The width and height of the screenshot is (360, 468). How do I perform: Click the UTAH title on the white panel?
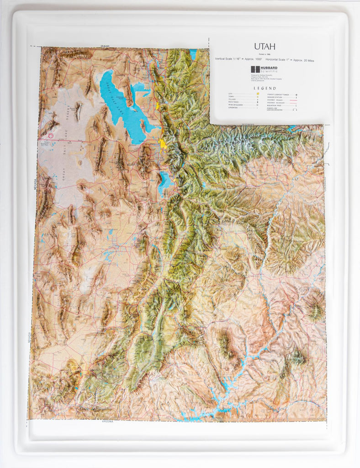[x=265, y=46]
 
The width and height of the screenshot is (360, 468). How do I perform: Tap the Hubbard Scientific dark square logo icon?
[x=255, y=69]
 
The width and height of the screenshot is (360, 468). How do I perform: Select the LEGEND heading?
[x=265, y=88]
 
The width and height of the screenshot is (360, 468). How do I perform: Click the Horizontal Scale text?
[x=291, y=60]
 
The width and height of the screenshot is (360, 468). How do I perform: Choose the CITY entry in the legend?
[x=231, y=94]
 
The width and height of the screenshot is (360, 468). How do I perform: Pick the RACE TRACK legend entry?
[x=233, y=101]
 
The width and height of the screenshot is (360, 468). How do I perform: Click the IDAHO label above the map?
[x=106, y=46]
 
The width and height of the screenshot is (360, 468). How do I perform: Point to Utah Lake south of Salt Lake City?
[x=164, y=180]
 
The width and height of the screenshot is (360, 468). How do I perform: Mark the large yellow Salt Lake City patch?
[x=162, y=144]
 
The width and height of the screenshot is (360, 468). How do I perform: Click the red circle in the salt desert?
[x=51, y=135]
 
